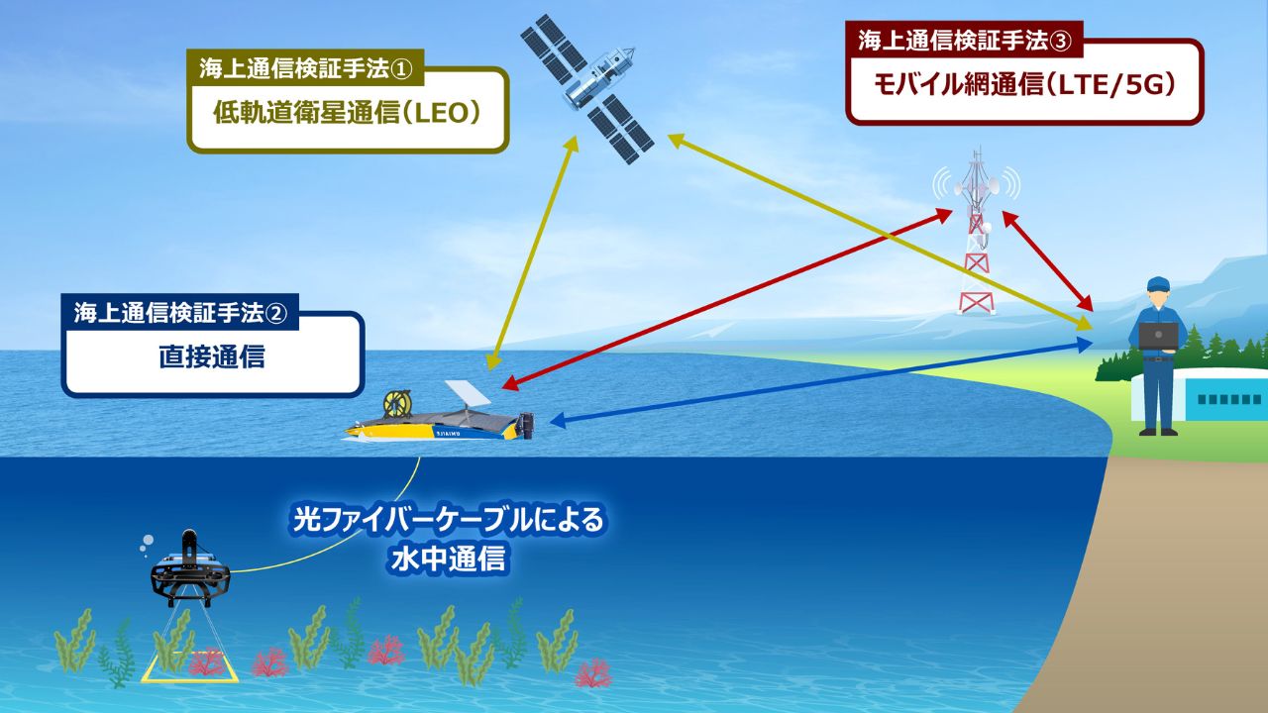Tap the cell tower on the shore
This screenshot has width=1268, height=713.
click(977, 238)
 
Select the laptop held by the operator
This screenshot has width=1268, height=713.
click(1158, 337)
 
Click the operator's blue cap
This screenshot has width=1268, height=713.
click(1158, 283)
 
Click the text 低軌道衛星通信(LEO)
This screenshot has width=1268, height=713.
click(347, 113)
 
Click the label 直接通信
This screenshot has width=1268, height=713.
click(212, 356)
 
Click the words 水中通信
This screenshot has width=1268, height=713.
click(448, 560)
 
